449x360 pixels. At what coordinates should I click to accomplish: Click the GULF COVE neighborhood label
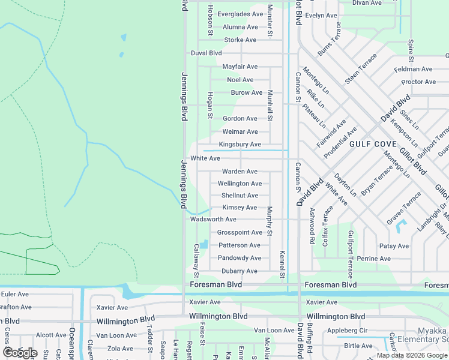click(372, 144)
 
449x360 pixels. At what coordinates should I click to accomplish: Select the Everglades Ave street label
click(240, 14)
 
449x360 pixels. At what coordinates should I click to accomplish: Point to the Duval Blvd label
click(206, 53)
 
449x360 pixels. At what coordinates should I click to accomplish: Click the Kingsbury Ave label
click(240, 145)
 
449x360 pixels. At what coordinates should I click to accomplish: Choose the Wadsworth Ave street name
click(213, 220)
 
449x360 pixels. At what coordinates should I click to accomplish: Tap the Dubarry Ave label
click(238, 271)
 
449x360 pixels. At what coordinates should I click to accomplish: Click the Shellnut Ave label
click(240, 196)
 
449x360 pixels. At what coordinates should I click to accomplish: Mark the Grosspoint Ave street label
click(240, 232)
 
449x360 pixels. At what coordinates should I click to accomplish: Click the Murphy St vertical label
click(270, 221)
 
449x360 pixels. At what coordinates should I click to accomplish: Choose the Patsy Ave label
click(394, 246)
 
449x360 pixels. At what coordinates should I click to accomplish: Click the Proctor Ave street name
click(418, 82)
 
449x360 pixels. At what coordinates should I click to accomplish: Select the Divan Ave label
click(368, 3)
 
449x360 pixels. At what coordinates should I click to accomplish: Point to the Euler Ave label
click(15, 294)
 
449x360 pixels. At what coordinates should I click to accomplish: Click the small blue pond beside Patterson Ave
click(204, 244)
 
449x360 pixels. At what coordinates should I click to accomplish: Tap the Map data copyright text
click(412, 355)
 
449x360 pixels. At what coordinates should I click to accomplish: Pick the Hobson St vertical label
click(210, 20)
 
